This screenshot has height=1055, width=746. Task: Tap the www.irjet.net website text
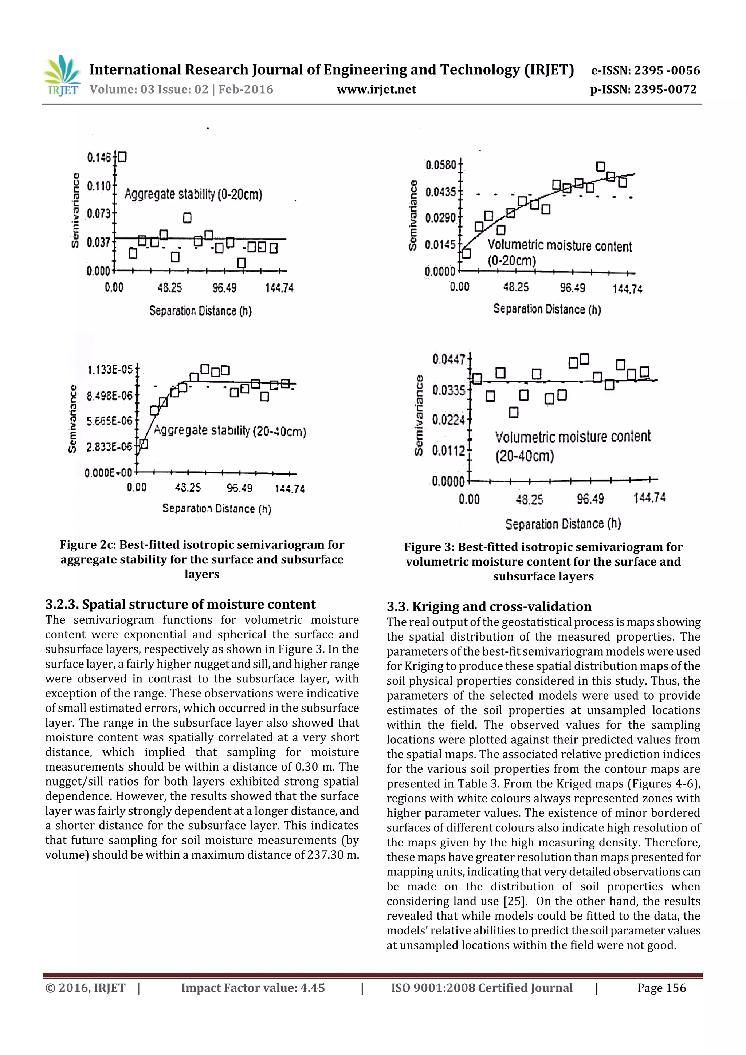pos(376,90)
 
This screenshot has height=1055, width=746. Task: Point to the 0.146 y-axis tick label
pos(99,158)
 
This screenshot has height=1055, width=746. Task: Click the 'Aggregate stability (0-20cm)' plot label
pos(193,194)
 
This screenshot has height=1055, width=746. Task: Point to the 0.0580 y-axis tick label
pos(441,165)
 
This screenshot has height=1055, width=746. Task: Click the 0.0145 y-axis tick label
pos(440,244)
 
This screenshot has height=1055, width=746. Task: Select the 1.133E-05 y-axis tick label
pos(110,369)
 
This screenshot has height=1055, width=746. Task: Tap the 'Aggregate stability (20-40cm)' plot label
pos(230,431)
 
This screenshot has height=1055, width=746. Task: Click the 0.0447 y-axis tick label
pos(449,359)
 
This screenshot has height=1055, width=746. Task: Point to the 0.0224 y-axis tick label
pos(449,420)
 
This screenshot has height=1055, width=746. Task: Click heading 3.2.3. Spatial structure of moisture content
pos(180,604)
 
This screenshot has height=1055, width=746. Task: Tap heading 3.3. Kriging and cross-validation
pos(488,607)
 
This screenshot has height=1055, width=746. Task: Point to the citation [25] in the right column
pos(514,901)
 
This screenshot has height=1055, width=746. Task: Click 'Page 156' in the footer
pos(661,988)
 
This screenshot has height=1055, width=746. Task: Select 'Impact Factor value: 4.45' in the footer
pos(253,988)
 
